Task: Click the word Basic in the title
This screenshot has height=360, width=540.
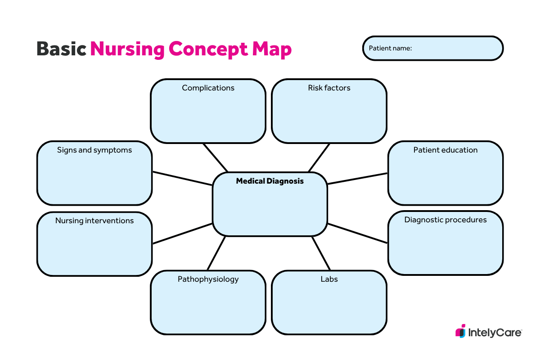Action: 61,49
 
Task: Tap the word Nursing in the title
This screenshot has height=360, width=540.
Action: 127,49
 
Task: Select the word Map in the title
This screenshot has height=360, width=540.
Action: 272,50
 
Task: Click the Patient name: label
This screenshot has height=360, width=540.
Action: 390,48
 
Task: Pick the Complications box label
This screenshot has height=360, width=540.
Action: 208,88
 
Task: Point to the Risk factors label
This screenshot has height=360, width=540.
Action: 329,88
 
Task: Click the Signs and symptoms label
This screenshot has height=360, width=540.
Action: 94,150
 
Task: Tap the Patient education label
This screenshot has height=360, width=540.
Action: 445,150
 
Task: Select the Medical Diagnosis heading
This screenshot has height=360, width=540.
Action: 270,181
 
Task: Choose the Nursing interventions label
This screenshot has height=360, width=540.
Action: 94,220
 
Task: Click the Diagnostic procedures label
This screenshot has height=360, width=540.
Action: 445,220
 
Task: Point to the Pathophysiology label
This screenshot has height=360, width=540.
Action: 208,279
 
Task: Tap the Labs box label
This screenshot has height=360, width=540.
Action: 329,279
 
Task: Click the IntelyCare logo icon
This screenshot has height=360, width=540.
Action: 460,331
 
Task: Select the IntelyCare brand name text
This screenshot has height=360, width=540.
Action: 495,333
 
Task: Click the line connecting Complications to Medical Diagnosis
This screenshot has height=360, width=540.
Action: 215,157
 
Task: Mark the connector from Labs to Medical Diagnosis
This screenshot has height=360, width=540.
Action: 321,253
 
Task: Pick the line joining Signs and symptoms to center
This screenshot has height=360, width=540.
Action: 183,179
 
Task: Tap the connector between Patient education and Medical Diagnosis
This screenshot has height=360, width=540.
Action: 357,179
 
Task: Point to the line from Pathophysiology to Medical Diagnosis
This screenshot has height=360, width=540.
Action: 216,253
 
